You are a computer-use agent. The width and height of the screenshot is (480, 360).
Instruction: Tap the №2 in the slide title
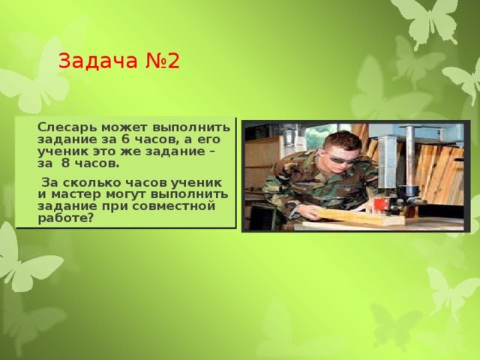tap(163, 61)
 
